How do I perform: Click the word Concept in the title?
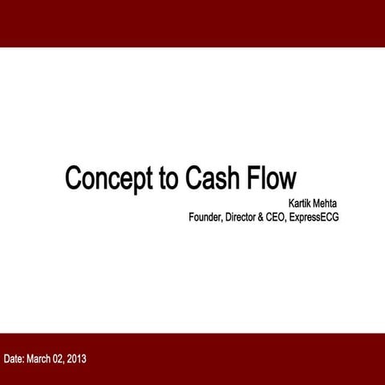(x=110, y=178)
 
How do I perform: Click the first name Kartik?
(x=302, y=204)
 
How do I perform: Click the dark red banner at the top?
(x=192, y=22)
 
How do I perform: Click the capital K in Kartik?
(x=291, y=204)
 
